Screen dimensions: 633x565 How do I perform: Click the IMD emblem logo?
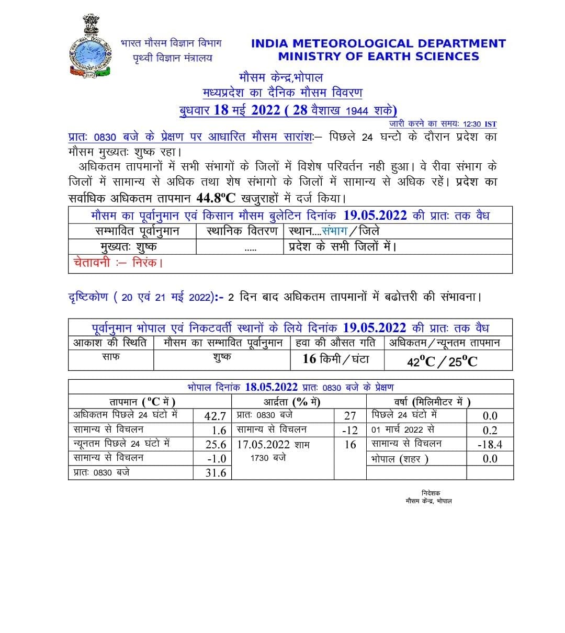point(91,48)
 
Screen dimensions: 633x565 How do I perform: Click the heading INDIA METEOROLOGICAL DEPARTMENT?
point(378,43)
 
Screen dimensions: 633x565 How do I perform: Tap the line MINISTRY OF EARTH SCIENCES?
point(378,56)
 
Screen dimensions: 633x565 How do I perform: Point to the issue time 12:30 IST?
point(480,124)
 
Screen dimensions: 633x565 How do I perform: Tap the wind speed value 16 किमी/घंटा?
point(336,359)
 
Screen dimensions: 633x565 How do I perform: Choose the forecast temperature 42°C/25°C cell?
point(442,361)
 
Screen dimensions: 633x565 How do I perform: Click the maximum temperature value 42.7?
point(215,416)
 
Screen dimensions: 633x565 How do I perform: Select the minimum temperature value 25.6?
point(215,444)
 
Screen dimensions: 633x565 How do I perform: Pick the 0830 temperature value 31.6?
point(215,473)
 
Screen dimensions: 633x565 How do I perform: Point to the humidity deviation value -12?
point(349,430)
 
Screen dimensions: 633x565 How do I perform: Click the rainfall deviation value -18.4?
point(490,445)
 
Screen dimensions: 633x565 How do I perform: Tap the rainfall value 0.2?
point(490,430)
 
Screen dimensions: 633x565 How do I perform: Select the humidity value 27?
point(349,416)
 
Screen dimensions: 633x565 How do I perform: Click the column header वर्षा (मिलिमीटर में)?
point(432,402)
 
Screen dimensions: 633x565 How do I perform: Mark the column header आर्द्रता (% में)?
point(291,402)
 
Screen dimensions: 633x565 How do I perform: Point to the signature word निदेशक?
point(431,493)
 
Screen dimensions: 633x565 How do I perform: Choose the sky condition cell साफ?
point(110,357)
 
